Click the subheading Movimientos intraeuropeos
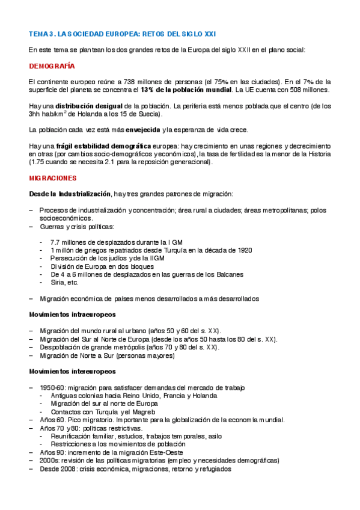pyautogui.click(x=72, y=315)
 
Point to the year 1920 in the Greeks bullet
pyautogui.click(x=244, y=250)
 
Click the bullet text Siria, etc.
pyautogui.click(x=64, y=282)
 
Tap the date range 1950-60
pyautogui.click(x=53, y=387)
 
